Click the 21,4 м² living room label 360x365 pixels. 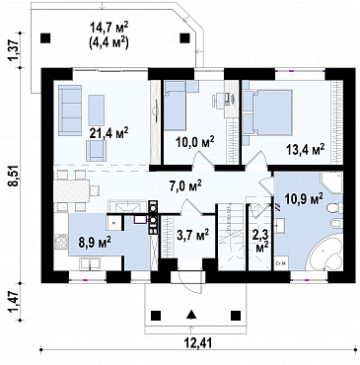pos(108,133)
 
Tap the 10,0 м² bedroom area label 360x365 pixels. pos(194,144)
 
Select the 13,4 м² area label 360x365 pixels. pos(305,150)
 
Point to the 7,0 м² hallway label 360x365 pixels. pos(185,187)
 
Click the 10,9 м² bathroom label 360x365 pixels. pos(303,198)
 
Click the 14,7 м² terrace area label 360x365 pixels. pos(108,28)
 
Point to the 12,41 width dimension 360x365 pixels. pos(198,342)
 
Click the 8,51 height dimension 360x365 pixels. pos(15,176)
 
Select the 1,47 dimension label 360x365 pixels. pos(15,301)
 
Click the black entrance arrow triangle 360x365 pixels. pos(191,315)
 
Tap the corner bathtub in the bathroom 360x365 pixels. pos(326,255)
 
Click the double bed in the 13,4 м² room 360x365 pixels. pos(267,112)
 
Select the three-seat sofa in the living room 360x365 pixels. pos(70,110)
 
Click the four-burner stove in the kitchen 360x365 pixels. pos(60,242)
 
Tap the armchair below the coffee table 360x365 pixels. pos(96,151)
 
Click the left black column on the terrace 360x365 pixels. pos(45,38)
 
